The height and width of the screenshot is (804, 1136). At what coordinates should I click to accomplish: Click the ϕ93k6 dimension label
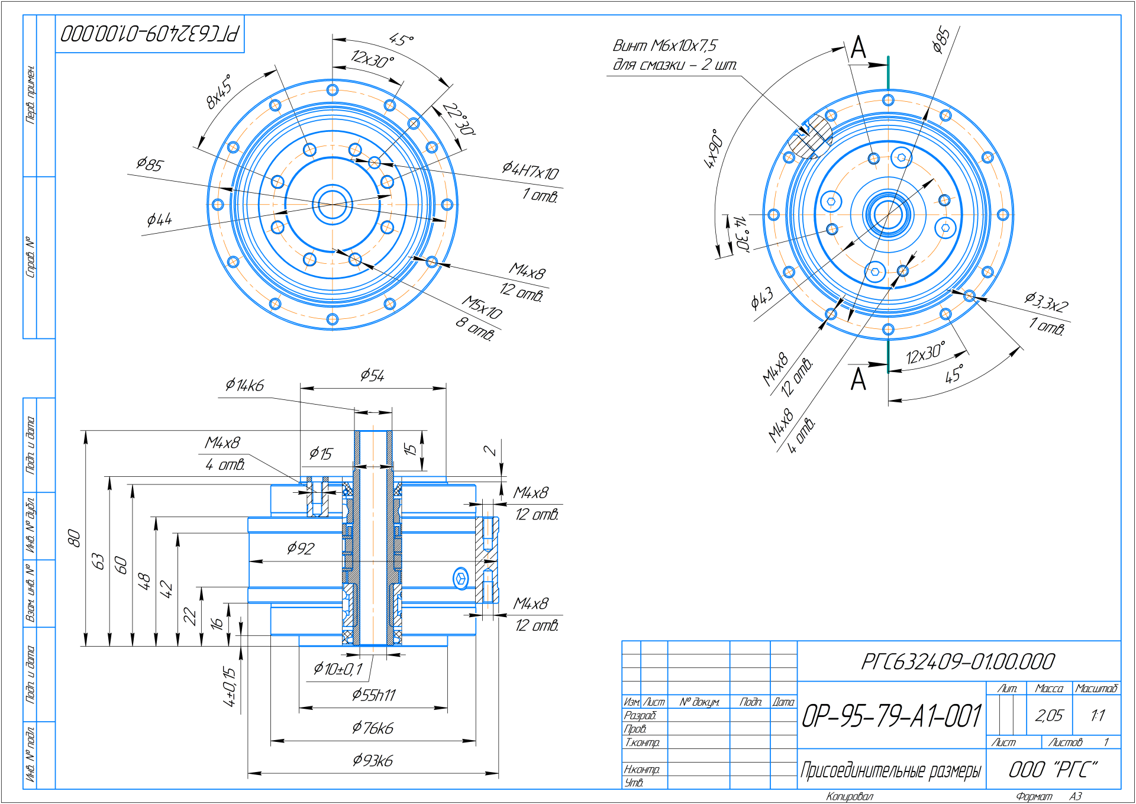[x=373, y=760]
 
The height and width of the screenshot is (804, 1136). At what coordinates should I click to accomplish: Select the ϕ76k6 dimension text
[x=373, y=728]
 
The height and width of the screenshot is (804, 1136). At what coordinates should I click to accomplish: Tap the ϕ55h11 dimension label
[x=373, y=695]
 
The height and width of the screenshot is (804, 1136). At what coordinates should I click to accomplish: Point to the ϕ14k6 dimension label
[x=244, y=386]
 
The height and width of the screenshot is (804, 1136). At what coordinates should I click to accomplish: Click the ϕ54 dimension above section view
[x=373, y=375]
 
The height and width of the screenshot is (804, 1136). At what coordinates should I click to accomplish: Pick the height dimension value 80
[x=74, y=538]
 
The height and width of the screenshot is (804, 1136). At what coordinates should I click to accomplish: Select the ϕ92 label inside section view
[x=301, y=548]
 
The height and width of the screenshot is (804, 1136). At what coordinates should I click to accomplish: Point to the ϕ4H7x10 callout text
[x=530, y=171]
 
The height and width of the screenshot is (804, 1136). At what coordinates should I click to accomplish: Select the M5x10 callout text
[x=482, y=307]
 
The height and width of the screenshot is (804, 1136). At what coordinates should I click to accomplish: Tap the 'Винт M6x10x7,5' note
[x=664, y=46]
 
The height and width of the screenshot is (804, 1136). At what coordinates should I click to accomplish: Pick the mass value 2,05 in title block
[x=1049, y=716]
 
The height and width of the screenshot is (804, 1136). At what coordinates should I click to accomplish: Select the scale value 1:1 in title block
[x=1097, y=716]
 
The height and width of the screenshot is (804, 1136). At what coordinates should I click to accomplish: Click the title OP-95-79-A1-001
[x=892, y=716]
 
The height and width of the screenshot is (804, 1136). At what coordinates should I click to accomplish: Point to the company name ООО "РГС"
[x=1053, y=770]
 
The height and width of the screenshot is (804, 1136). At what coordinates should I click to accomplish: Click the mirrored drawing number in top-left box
[x=150, y=34]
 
